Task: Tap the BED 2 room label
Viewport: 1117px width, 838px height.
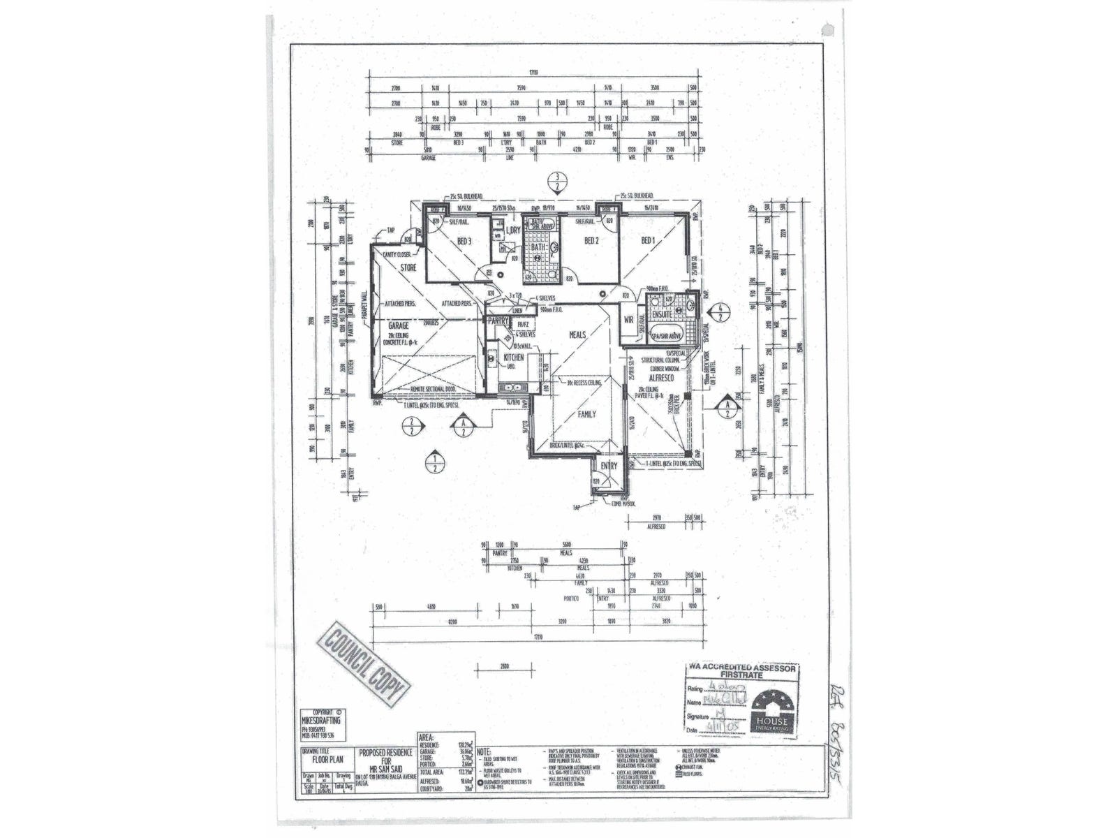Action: coord(591,241)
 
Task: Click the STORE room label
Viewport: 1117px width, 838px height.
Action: coord(408,267)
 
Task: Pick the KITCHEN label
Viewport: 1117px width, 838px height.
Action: coord(513,357)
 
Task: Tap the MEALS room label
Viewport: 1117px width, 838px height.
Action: coord(577,335)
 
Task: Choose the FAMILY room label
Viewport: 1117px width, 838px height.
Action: coord(586,414)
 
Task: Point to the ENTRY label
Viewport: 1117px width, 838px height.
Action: coord(609,465)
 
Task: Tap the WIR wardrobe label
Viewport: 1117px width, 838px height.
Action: coord(628,319)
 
